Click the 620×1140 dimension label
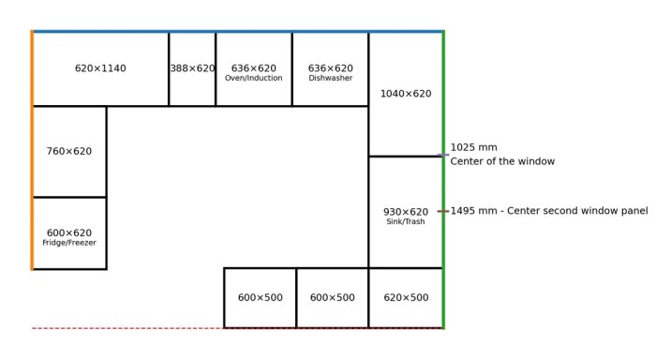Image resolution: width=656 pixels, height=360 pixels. click(100, 68)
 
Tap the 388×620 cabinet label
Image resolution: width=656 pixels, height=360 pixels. click(192, 68)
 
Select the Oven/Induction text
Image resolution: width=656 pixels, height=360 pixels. click(254, 78)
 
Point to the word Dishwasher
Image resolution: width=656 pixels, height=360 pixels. click(331, 78)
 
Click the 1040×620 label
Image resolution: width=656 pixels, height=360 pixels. click(406, 94)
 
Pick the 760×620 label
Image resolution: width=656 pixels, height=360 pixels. click(69, 151)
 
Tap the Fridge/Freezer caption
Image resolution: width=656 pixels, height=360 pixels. click(69, 243)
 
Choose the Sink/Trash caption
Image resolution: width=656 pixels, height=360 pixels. click(406, 221)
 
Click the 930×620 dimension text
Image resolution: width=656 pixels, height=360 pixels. click(406, 212)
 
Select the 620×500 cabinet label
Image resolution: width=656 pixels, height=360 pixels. click(406, 297)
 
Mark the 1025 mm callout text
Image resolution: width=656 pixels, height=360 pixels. click(473, 147)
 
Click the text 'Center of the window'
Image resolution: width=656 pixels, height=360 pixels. click(502, 161)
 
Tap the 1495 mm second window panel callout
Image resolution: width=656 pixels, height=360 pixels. click(549, 211)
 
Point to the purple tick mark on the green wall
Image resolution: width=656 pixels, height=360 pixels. click(443, 155)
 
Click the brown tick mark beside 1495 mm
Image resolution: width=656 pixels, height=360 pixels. click(443, 211)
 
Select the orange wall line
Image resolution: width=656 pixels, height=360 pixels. click(32, 150)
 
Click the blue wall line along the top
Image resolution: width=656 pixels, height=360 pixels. click(238, 31)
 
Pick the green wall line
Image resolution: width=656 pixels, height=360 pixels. click(443, 180)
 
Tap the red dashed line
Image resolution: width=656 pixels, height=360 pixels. click(237, 328)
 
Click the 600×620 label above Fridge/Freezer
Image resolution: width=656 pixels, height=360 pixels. click(69, 232)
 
